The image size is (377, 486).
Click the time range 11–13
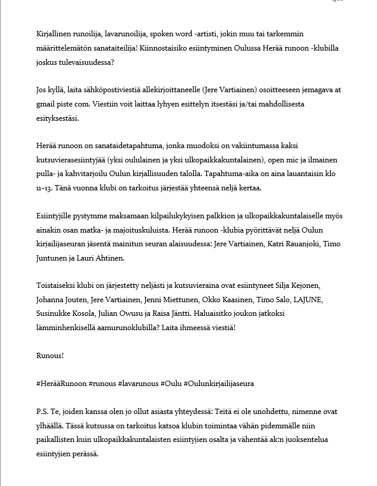coord(43,188)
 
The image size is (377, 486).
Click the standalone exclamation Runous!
coord(50,355)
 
